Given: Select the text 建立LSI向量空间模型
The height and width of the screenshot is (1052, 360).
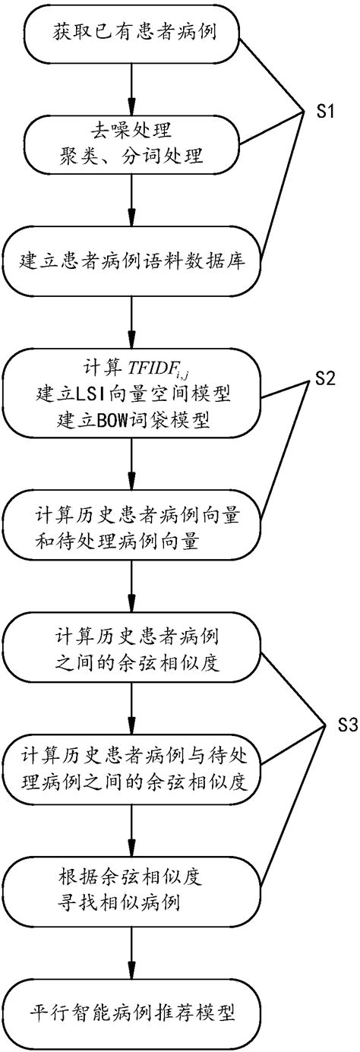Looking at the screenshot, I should (x=132, y=396).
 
